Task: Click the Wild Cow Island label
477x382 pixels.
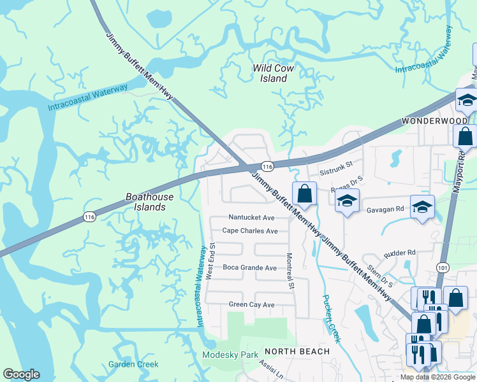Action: click(x=270, y=73)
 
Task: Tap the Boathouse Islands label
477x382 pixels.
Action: click(x=145, y=202)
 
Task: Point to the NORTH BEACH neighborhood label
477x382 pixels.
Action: click(x=297, y=351)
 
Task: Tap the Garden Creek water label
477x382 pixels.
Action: click(x=133, y=364)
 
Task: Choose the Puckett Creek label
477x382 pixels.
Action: click(x=331, y=319)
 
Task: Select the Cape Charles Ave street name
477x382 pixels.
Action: click(x=250, y=231)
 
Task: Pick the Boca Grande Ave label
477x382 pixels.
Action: click(x=249, y=268)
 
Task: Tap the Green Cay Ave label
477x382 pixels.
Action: click(x=251, y=305)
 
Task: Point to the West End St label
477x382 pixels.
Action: click(x=210, y=260)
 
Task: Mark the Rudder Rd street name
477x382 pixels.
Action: click(x=400, y=253)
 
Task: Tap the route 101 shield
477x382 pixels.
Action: click(x=441, y=267)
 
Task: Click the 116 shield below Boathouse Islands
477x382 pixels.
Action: click(x=90, y=218)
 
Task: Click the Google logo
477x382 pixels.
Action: click(x=21, y=374)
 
